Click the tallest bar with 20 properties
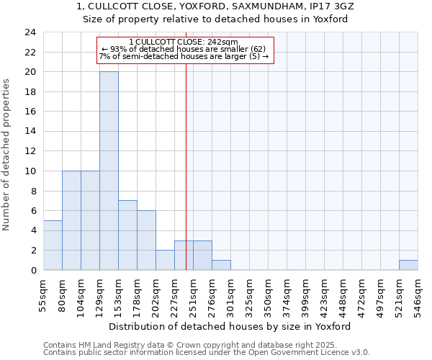click(x=109, y=171)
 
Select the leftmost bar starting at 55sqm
click(x=53, y=245)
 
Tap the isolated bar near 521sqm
click(x=408, y=265)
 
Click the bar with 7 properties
click(x=127, y=235)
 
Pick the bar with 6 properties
click(x=146, y=240)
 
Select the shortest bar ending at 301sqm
click(x=221, y=265)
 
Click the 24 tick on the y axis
click(x=30, y=32)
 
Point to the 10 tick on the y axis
click(x=30, y=171)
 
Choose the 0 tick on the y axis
click(x=32, y=270)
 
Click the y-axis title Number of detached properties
click(x=6, y=155)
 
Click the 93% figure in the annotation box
click(x=117, y=49)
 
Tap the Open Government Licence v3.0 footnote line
click(x=207, y=352)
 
